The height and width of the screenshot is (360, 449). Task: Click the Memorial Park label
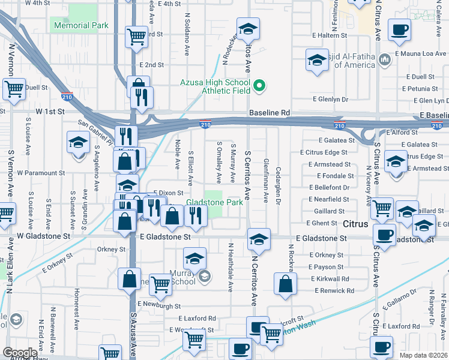pos(81,26)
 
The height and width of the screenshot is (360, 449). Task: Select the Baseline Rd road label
pos(270,113)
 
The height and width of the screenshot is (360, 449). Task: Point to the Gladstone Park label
pos(214,203)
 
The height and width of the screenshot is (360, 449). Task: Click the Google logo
pos(20,353)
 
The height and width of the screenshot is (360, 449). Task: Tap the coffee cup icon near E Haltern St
pos(399,31)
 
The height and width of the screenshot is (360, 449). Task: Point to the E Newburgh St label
pos(159,305)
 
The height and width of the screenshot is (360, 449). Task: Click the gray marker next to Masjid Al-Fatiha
pos(385,59)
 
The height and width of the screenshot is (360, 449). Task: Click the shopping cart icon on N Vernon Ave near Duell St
pos(13,89)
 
